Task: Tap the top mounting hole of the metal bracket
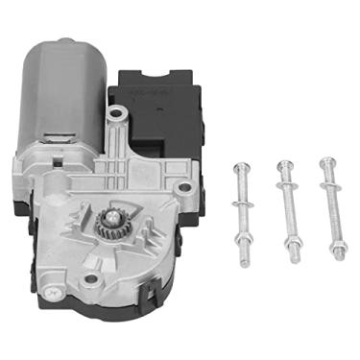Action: pos(116,116)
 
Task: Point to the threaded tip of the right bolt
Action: pos(339,257)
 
